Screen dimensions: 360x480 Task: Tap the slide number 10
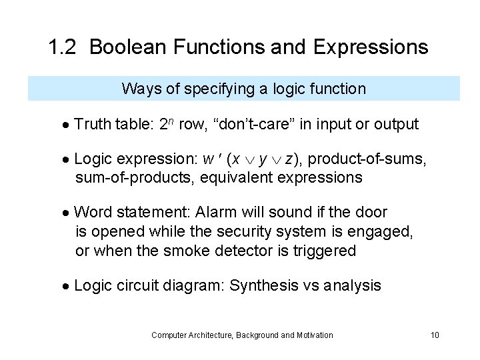[434, 335]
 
